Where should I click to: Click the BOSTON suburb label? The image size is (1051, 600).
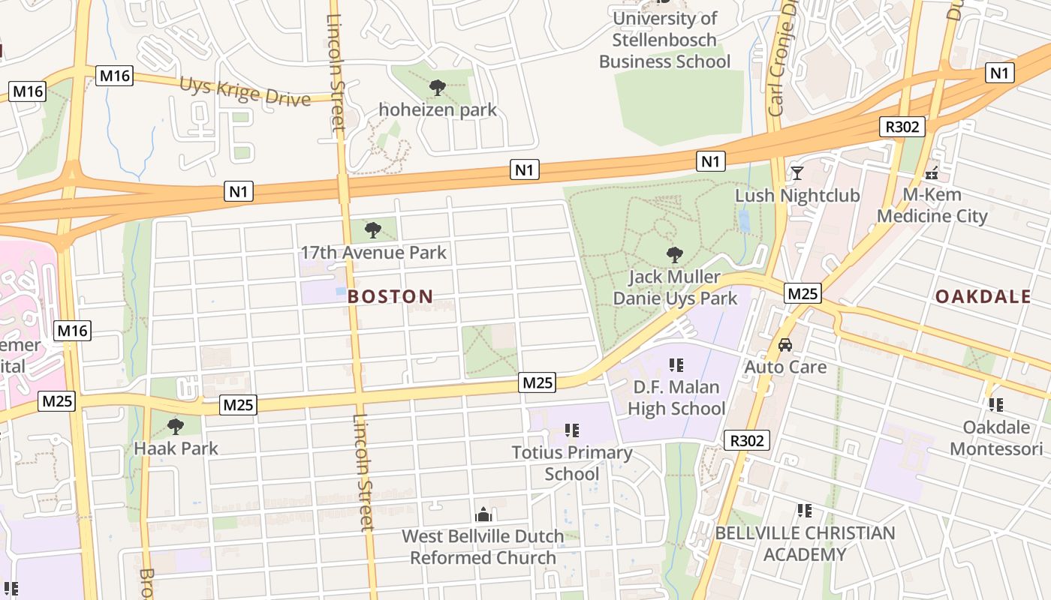390,296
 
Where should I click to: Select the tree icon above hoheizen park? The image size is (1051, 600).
437,88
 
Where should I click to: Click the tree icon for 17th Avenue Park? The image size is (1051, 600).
372,230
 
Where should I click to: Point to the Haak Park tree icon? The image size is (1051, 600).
176,427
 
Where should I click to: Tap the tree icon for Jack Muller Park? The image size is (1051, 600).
675,255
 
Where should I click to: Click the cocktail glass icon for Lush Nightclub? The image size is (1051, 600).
797,173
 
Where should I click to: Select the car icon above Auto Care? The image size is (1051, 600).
785,345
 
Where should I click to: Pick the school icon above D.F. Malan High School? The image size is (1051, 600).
676,365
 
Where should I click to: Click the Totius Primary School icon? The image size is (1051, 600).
572,430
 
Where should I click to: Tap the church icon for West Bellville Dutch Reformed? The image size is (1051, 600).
483,514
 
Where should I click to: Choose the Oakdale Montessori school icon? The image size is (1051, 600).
996,405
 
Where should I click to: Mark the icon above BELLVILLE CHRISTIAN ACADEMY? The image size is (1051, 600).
805,511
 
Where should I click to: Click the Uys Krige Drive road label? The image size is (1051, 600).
245,91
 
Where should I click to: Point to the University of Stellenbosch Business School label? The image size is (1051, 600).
664,40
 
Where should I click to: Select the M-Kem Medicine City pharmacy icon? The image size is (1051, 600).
932,173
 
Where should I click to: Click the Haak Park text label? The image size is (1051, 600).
176,448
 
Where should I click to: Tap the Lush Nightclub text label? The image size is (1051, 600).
797,196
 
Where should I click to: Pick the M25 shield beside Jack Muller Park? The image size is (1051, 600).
803,293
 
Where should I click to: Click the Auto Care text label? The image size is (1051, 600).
785,367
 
